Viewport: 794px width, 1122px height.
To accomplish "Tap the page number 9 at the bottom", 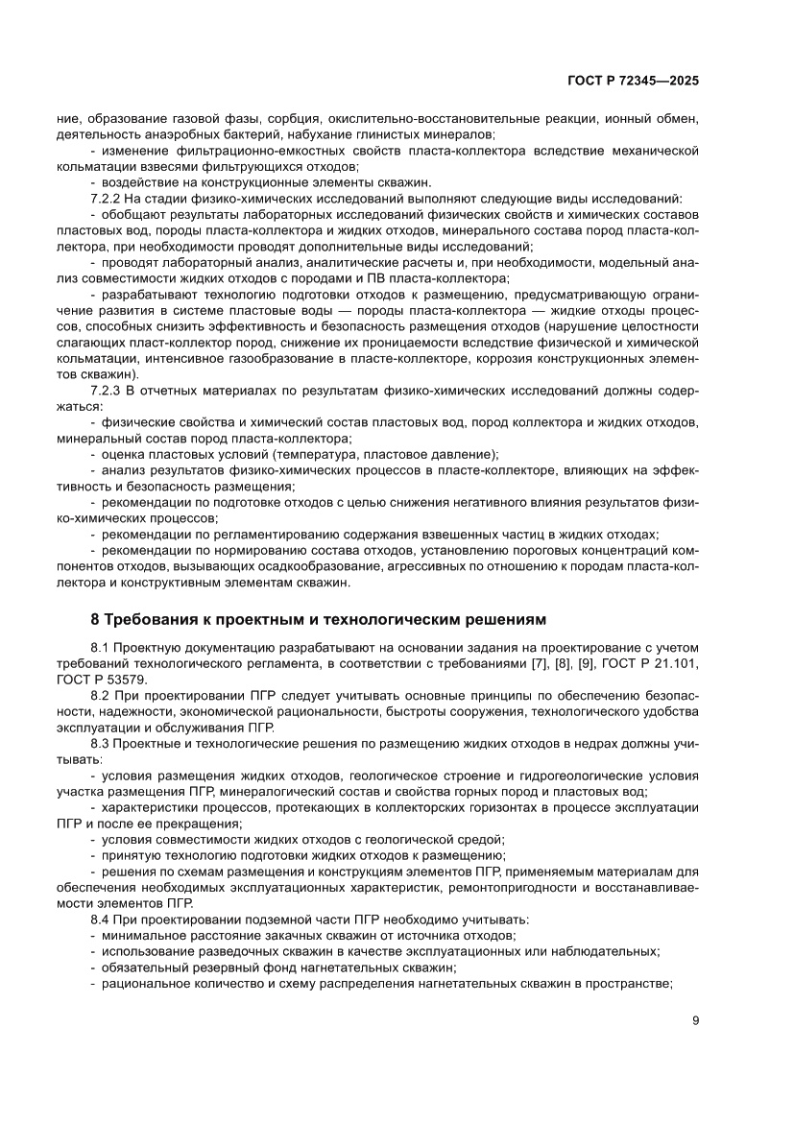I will [x=695, y=1021].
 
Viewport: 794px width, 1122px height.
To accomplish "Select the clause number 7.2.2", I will [x=106, y=198].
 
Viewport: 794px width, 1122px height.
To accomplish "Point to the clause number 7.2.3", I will [x=106, y=392].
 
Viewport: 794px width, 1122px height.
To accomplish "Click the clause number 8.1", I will [x=101, y=648].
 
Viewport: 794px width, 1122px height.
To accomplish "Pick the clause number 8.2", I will [x=101, y=694].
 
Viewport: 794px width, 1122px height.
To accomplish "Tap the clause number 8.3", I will [x=101, y=740].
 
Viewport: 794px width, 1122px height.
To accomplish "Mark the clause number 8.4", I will [x=101, y=919].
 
